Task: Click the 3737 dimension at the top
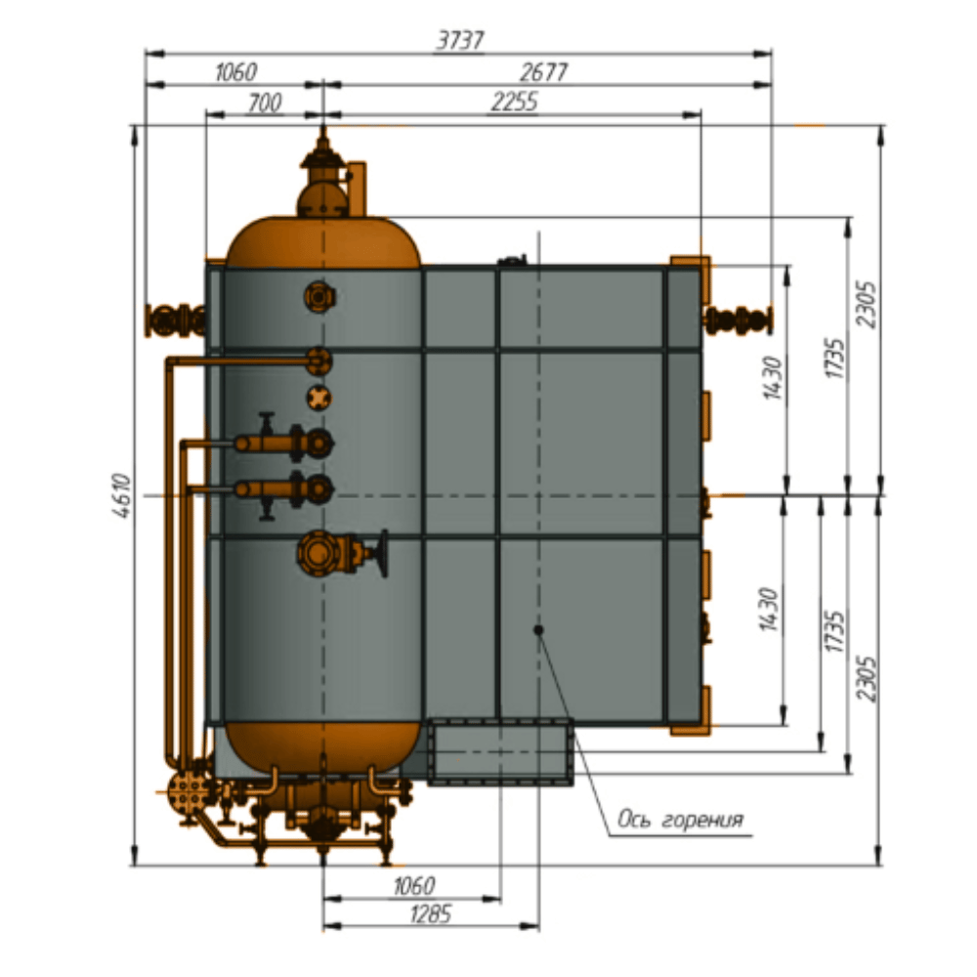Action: point(460,40)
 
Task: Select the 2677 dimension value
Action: point(543,72)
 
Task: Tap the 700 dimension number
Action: point(265,103)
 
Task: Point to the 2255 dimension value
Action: point(514,102)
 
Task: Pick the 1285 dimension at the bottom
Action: point(431,914)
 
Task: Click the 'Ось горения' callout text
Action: point(680,819)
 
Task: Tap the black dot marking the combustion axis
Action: point(538,630)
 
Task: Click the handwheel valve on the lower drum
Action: point(342,553)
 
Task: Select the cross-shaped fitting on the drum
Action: point(319,399)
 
